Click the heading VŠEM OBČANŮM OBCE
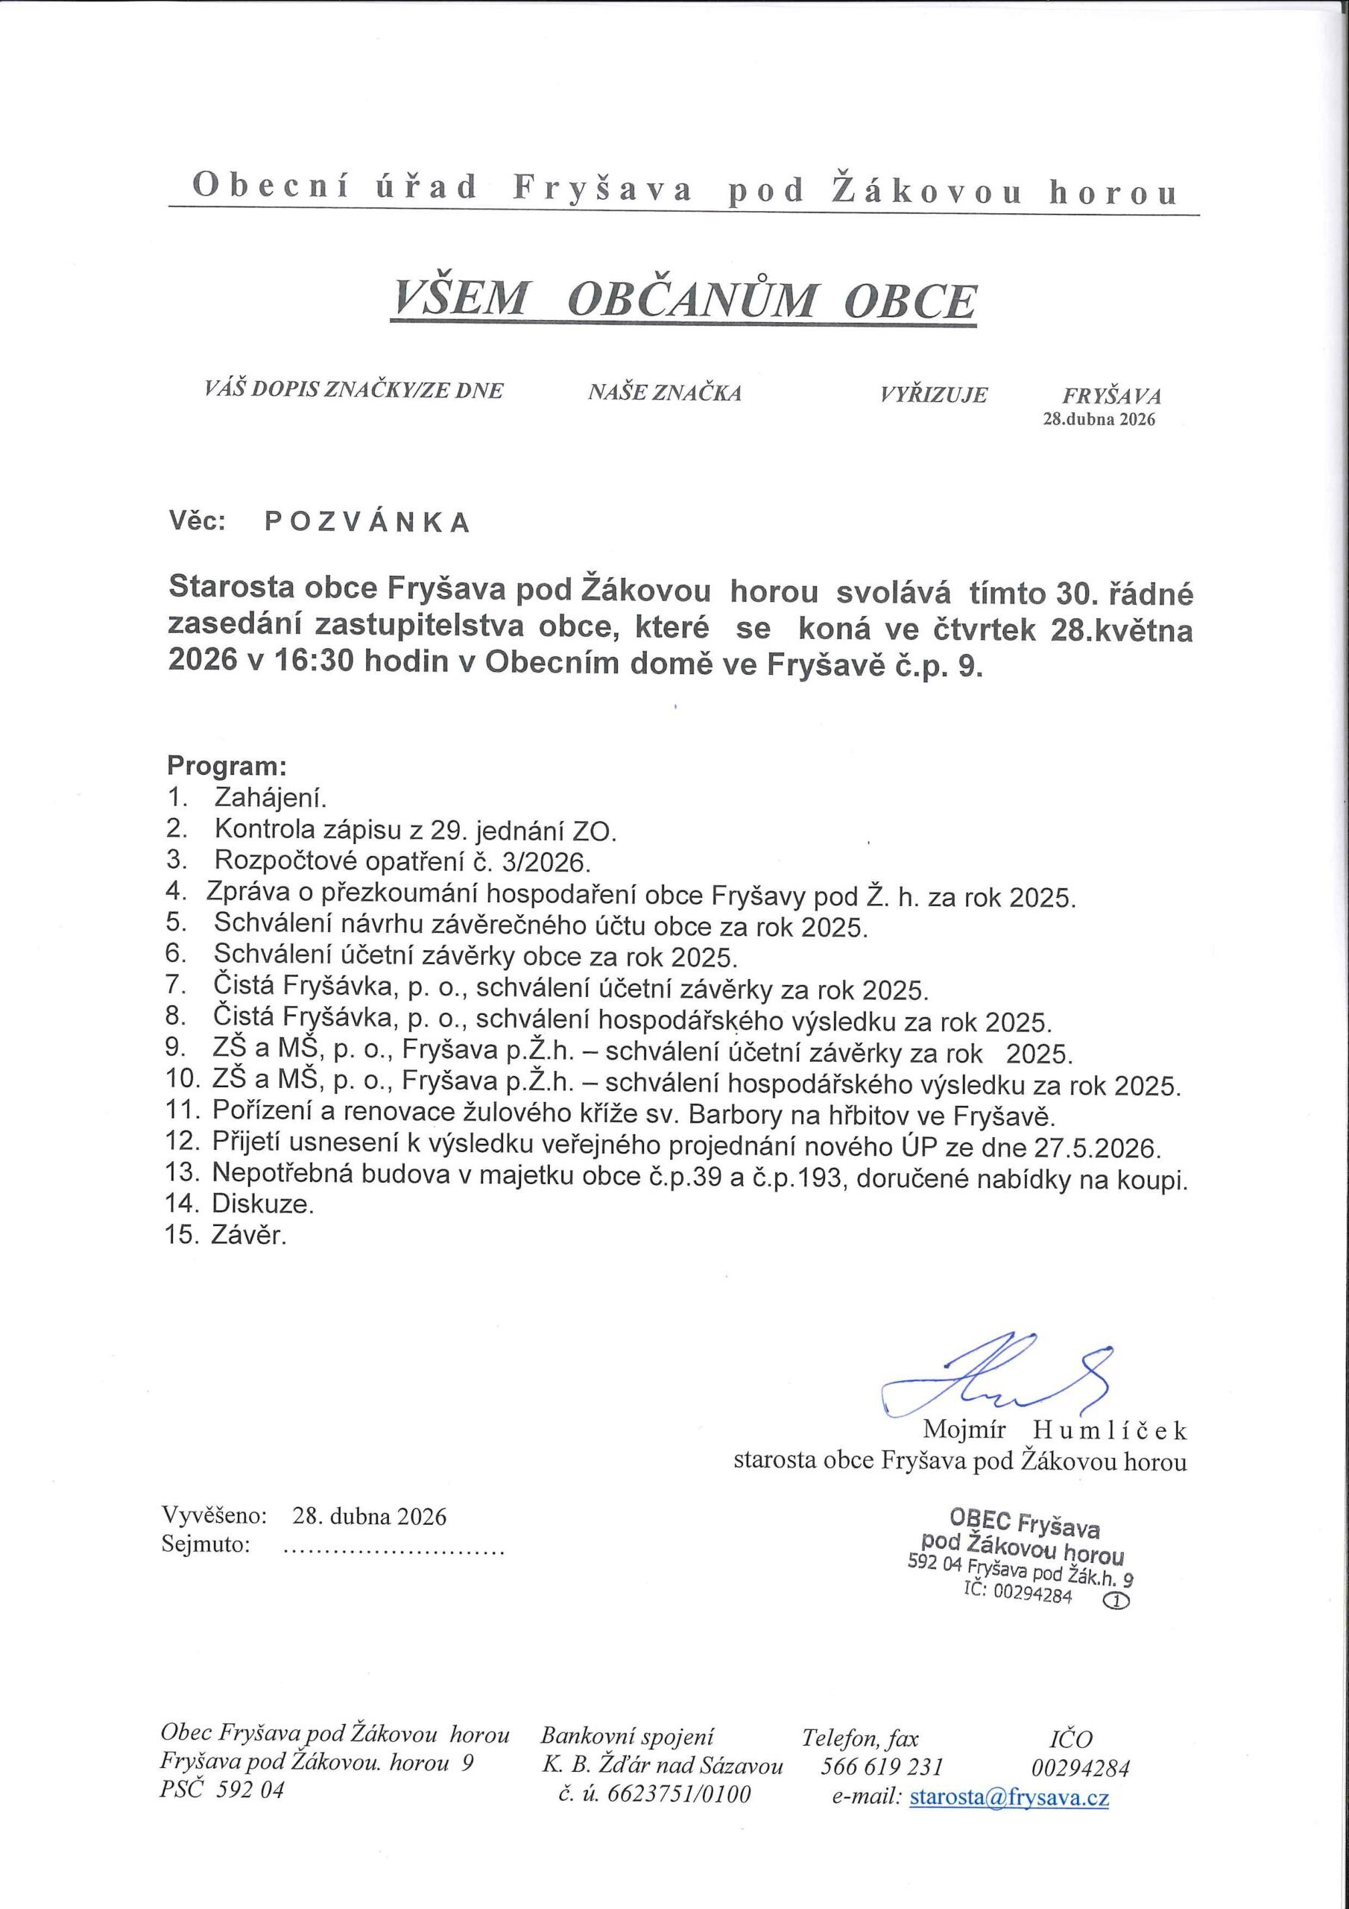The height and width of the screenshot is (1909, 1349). tap(684, 301)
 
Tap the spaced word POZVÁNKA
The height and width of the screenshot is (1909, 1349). tap(367, 522)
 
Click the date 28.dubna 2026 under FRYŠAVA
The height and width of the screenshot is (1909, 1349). tap(1099, 419)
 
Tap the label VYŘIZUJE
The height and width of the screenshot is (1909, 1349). tap(933, 394)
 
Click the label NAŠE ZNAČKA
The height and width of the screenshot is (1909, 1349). tap(664, 392)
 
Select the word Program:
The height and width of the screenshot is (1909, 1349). tap(227, 764)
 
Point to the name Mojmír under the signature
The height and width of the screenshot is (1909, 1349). tap(964, 1430)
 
